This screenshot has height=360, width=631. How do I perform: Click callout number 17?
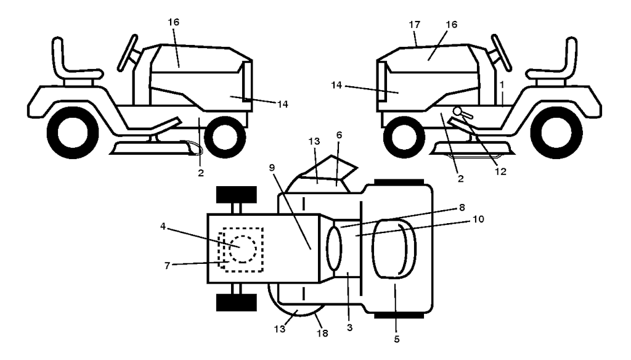click(415, 25)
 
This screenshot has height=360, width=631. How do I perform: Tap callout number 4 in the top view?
click(163, 226)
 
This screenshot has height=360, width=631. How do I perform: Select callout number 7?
click(168, 266)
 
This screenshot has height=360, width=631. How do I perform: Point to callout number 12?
click(500, 171)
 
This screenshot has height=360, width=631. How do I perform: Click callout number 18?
click(322, 333)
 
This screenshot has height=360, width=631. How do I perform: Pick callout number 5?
click(397, 340)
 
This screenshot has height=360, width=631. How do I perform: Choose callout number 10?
click(478, 219)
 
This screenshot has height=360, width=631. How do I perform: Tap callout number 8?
click(462, 207)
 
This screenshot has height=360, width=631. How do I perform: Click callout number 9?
click(272, 167)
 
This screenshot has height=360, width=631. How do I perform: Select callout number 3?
click(349, 328)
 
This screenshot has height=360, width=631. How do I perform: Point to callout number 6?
click(340, 135)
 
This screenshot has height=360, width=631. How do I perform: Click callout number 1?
click(502, 84)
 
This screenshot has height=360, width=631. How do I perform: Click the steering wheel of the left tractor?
click(128, 53)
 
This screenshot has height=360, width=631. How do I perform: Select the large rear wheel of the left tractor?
click(73, 133)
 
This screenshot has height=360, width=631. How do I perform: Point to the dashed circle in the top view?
click(243, 249)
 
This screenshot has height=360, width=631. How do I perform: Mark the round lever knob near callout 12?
click(457, 110)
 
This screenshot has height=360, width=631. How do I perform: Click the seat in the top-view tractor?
click(394, 248)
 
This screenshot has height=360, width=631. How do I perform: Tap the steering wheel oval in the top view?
click(333, 248)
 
